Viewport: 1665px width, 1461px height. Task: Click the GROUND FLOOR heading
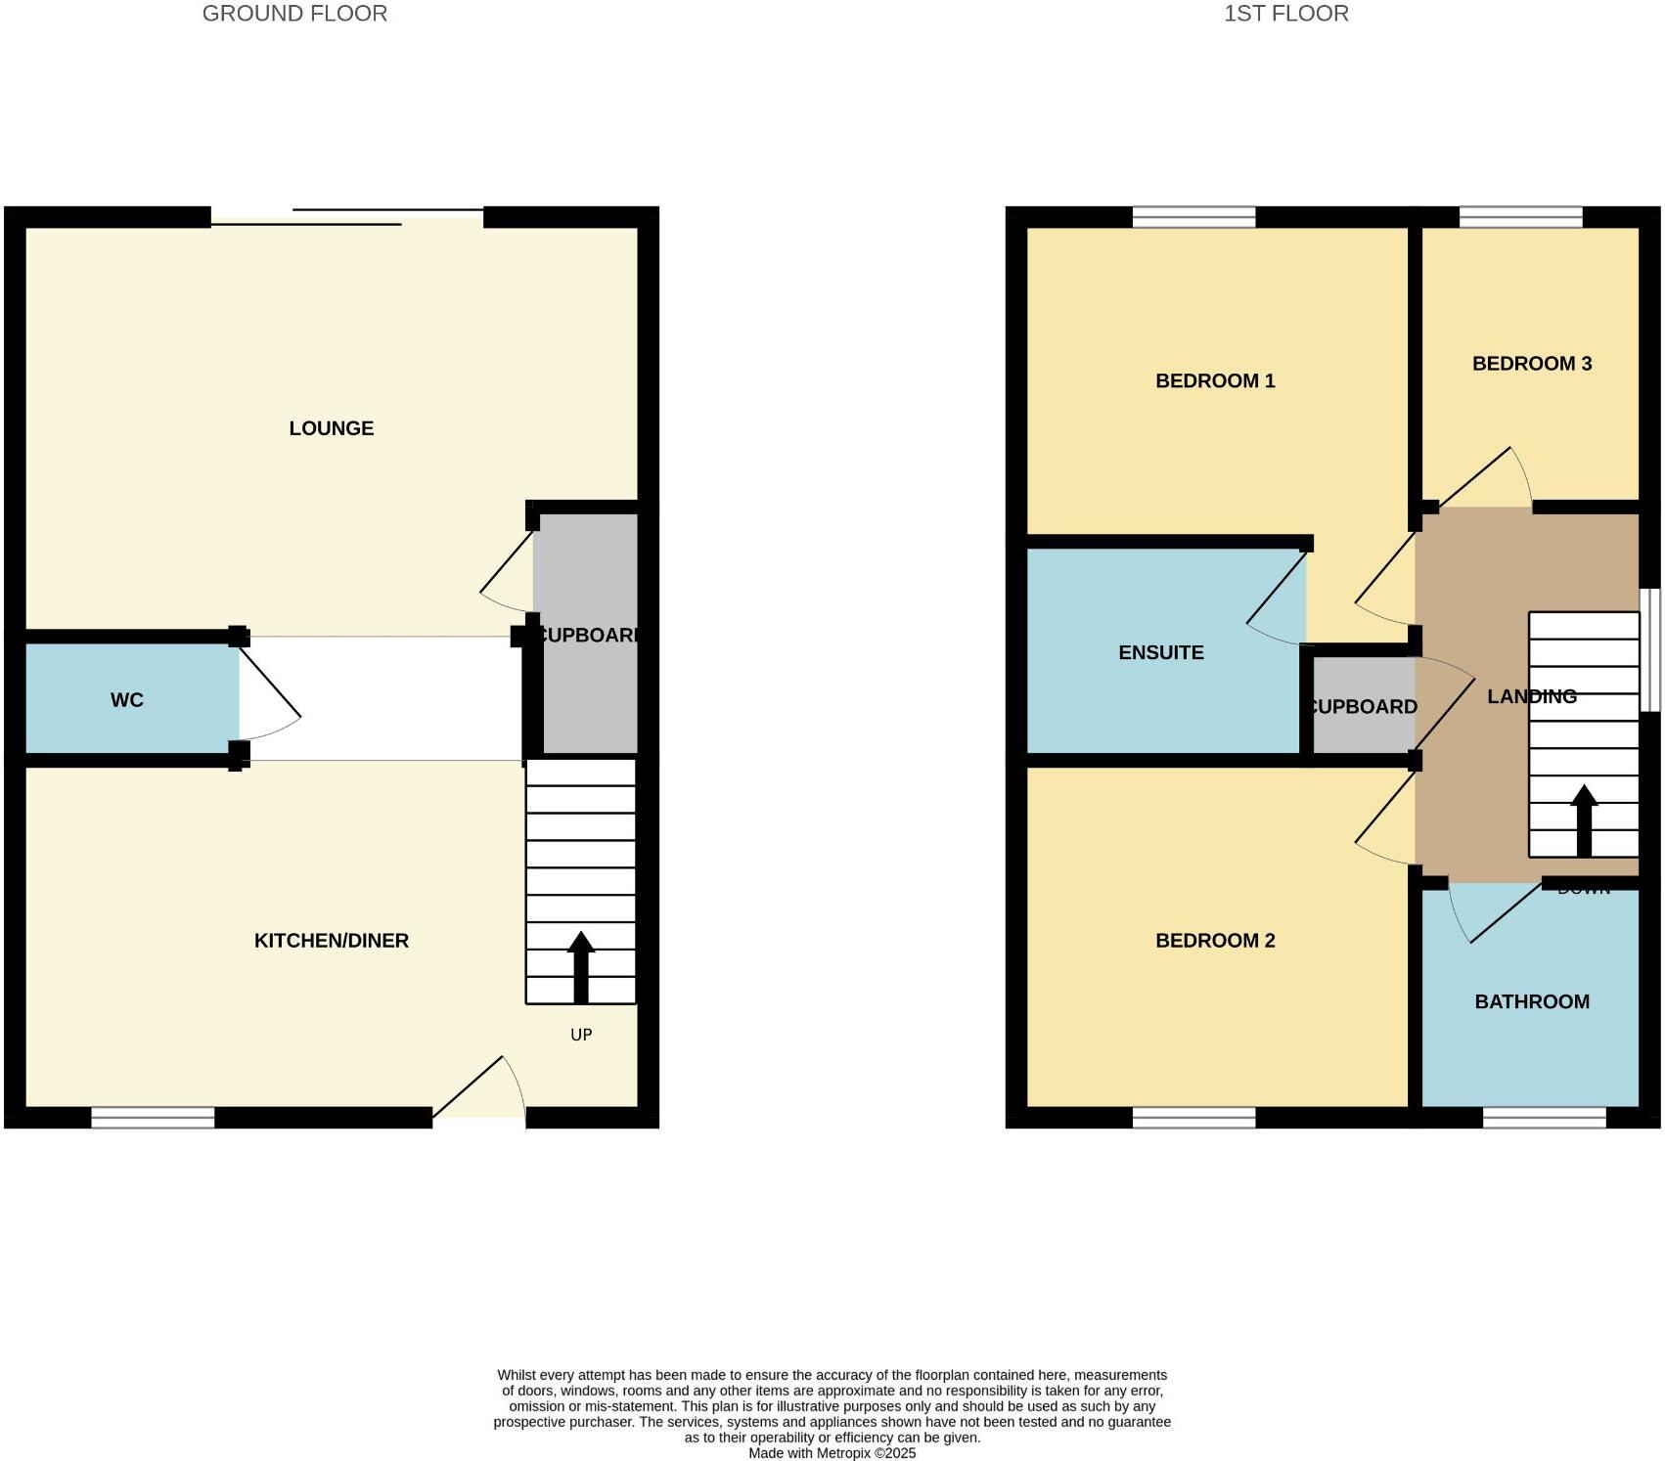294,14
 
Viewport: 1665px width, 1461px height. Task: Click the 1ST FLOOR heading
1285,14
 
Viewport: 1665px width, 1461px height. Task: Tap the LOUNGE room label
331,428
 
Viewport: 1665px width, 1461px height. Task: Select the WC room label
127,700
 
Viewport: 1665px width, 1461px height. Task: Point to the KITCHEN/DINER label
331,941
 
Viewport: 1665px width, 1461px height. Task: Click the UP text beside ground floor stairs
581,1035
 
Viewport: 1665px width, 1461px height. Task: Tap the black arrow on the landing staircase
1584,821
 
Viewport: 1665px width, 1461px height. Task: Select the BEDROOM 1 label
1215,381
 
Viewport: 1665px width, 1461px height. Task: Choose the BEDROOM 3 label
1532,364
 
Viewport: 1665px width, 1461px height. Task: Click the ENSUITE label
1161,652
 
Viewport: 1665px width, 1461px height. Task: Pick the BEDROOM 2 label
1215,941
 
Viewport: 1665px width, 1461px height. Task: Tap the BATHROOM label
1532,1001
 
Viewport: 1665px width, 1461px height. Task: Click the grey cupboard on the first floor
1362,706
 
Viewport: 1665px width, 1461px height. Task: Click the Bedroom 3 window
1520,216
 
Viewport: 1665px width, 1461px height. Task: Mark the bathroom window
1544,1117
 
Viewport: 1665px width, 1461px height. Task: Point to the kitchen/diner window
153,1117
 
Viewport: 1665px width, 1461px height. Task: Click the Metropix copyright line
832,1453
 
